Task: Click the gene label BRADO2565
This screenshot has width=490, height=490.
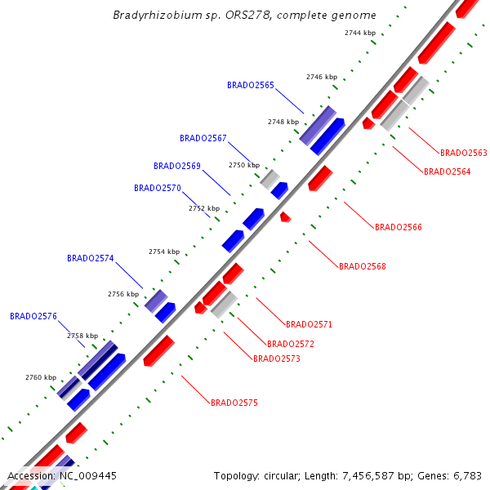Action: tap(251, 85)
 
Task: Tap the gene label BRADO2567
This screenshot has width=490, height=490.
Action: tap(203, 138)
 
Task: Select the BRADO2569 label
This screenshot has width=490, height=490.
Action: tap(177, 166)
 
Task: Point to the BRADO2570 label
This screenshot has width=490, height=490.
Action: tap(158, 188)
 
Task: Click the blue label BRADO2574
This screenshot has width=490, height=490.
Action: tap(91, 258)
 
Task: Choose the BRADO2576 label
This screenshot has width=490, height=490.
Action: tap(33, 316)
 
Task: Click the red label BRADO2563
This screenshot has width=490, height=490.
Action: tap(464, 153)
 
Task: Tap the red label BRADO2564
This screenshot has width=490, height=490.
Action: tap(447, 171)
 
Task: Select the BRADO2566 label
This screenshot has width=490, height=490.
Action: tap(399, 227)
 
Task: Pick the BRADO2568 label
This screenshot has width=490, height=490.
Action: tap(363, 266)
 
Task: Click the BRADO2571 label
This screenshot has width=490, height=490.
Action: tap(309, 324)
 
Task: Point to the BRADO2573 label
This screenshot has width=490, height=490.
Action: tap(277, 359)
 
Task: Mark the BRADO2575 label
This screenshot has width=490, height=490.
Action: tap(234, 403)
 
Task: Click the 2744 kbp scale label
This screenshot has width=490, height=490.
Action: tap(360, 33)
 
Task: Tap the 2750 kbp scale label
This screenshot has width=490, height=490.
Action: tap(243, 165)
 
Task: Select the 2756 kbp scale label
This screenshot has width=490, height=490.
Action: tap(123, 294)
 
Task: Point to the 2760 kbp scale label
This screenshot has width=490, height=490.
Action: tap(41, 377)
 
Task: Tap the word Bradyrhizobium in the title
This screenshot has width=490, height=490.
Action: tap(150, 15)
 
